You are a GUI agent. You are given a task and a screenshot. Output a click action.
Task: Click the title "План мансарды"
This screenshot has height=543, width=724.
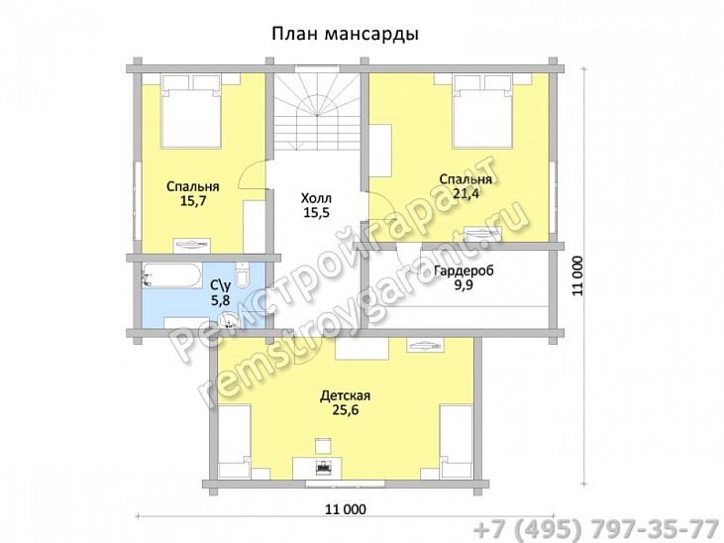pos(344,34)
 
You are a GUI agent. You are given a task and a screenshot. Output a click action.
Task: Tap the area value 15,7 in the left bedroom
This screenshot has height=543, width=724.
pos(192,201)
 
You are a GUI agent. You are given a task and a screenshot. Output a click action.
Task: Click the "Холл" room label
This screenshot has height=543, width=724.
pos(316,198)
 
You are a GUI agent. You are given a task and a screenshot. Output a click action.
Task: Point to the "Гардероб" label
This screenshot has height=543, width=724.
pos(464,271)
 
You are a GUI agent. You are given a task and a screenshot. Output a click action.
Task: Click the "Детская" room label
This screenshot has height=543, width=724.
pos(345,394)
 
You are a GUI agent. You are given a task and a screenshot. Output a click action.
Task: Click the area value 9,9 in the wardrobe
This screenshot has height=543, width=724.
pos(464,285)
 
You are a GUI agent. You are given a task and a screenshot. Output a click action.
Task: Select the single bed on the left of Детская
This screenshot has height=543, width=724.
pos(233,437)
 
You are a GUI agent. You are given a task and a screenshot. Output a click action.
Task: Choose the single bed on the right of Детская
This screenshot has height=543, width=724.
pos(457,437)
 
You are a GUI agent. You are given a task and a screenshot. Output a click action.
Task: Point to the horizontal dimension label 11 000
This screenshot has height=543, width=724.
pos(346,508)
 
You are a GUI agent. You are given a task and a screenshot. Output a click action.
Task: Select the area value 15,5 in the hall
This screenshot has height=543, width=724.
pos(316,213)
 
